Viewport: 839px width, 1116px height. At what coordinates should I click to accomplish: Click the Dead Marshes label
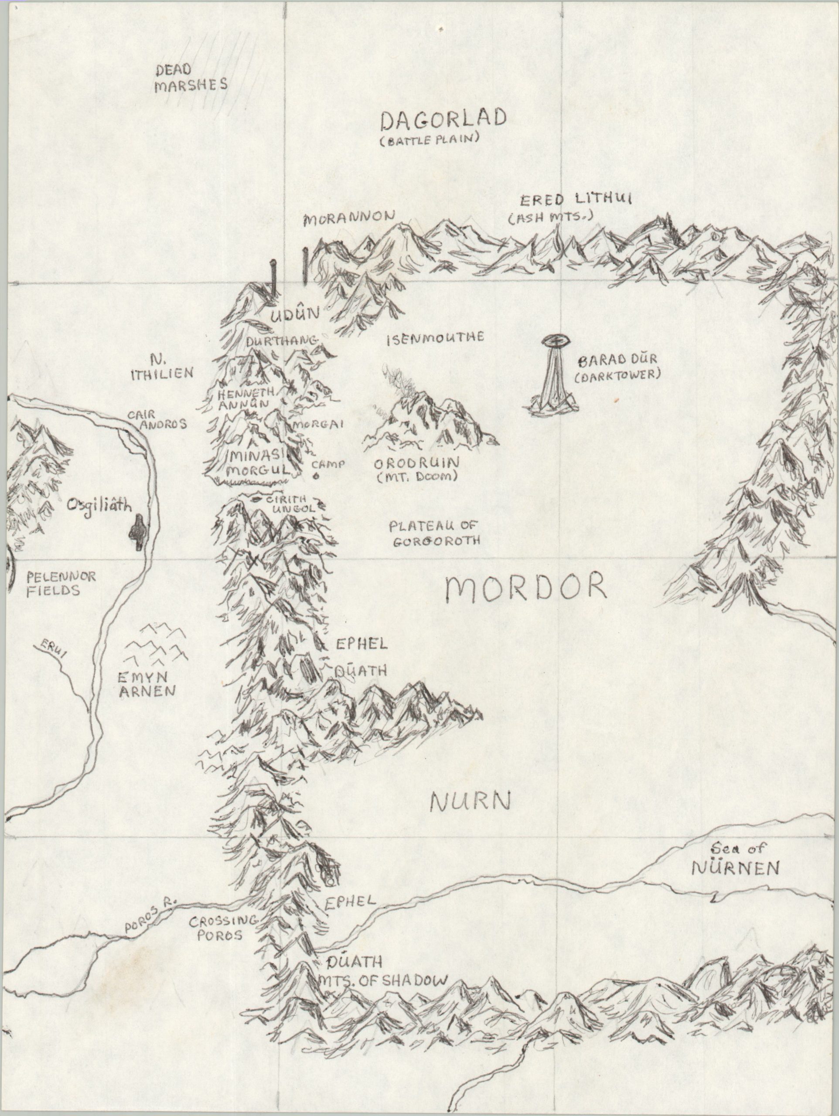point(190,77)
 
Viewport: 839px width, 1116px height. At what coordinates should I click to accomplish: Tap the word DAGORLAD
point(443,120)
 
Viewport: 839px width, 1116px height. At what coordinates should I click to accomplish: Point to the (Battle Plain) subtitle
point(429,140)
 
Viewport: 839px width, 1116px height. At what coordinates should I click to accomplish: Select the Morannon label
point(348,218)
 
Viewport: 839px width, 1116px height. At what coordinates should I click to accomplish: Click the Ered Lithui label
point(575,200)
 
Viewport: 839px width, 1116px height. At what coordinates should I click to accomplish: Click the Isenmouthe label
point(435,337)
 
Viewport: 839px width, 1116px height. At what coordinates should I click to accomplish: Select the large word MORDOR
point(526,587)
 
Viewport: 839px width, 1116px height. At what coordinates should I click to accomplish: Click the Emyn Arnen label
point(147,684)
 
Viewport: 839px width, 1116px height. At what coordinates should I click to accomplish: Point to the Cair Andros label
point(156,419)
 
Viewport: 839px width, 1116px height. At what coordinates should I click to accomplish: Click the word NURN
point(470,802)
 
